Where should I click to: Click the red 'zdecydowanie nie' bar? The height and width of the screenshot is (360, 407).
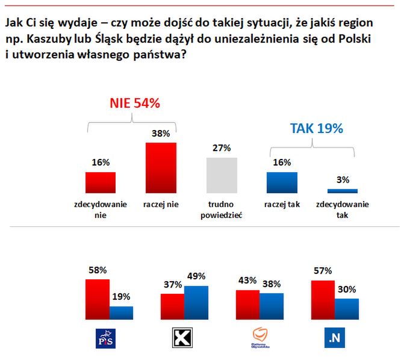tap(101, 182)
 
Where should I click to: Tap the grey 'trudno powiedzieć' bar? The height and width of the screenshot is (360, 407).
tap(222, 175)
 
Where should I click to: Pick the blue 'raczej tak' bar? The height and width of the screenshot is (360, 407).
tap(281, 182)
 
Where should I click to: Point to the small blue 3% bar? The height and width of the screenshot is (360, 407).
tap(342, 191)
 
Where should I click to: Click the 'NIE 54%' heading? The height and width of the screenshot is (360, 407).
tap(134, 103)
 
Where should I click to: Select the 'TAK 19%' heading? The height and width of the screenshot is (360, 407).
tap(316, 128)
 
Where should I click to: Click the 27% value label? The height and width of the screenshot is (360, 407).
tap(221, 148)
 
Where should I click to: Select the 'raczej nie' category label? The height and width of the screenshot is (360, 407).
tap(161, 204)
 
